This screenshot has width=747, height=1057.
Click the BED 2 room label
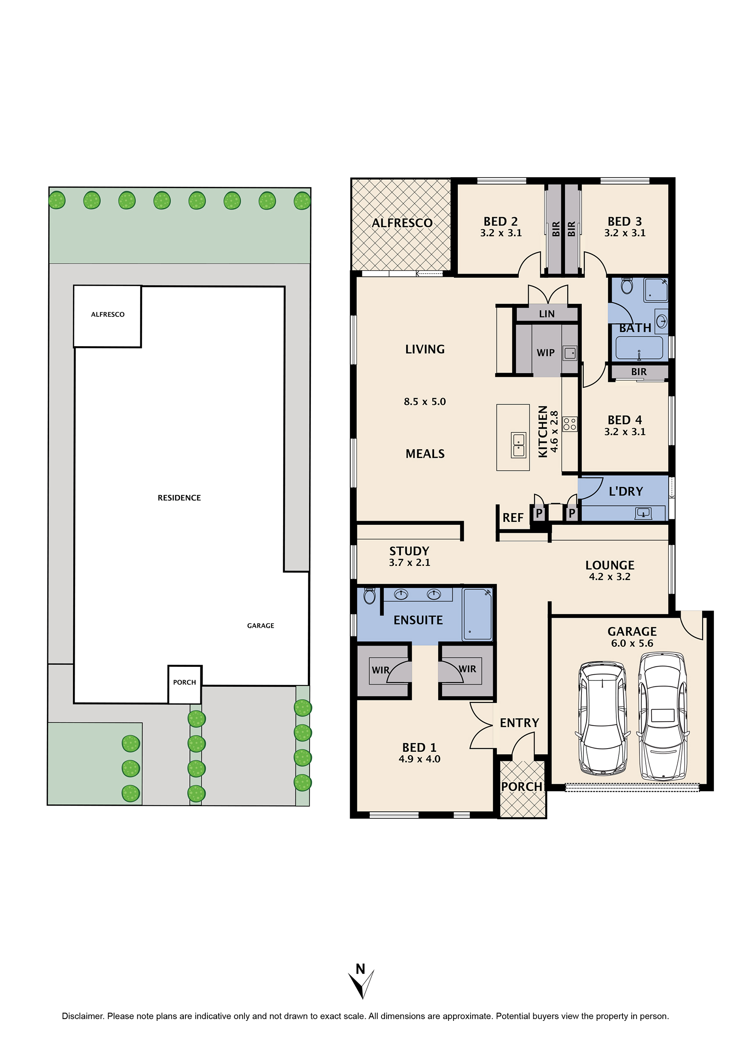coord(500,221)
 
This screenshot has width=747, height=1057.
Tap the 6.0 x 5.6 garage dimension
coord(632,643)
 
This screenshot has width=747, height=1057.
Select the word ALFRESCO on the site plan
coord(108,314)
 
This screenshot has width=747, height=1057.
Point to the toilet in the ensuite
coord(369,595)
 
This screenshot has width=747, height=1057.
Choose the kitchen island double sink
coord(519,445)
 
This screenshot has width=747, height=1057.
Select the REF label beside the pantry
coord(513,518)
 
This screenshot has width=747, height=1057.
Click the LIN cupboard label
coord(547,314)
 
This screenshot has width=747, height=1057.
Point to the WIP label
coord(545,352)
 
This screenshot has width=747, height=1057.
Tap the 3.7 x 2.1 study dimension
coord(409,562)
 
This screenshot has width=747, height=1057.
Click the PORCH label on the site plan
coord(185,682)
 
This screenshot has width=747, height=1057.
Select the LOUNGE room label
coord(610,565)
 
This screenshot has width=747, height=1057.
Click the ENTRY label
coord(519,723)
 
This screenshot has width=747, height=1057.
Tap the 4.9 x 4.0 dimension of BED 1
coord(419,758)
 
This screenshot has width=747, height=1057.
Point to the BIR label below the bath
coord(638,372)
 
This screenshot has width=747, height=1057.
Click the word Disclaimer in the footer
coord(83,1016)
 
